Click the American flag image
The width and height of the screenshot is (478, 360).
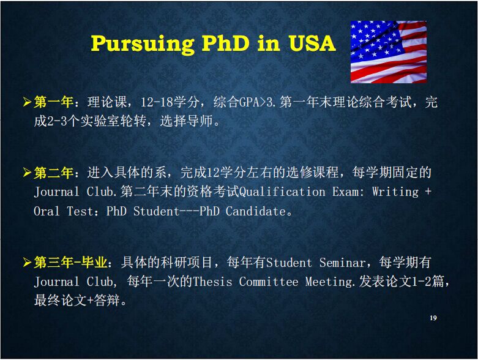389,52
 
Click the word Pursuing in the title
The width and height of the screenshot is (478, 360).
143,44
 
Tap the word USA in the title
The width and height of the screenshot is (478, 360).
312,43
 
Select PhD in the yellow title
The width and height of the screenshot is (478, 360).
225,43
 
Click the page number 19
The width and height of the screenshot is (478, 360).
433,318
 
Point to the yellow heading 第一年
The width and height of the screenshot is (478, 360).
53,102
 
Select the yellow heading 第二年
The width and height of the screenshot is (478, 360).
53,173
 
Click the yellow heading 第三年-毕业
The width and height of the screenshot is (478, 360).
70,262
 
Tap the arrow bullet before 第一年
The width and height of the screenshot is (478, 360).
27,102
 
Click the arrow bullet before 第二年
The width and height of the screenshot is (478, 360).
27,173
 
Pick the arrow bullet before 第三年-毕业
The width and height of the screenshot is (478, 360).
27,263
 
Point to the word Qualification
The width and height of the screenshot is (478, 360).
282,192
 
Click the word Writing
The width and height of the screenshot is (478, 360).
395,192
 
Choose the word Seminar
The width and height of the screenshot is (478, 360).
342,263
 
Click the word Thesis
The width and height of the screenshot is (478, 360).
212,282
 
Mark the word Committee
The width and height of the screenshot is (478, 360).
269,282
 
